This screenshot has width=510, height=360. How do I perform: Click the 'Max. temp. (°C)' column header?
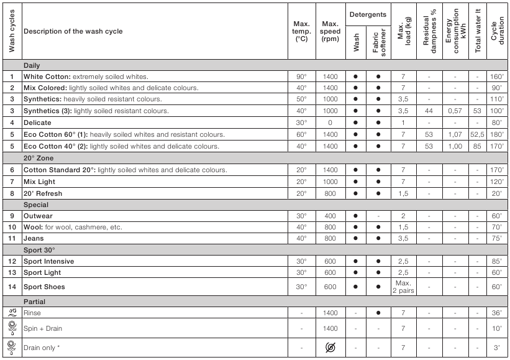click(301, 31)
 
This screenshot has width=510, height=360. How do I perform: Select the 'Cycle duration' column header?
click(498, 31)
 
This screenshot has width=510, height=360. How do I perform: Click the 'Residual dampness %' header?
click(429, 31)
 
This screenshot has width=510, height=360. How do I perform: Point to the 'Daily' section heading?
click(32, 65)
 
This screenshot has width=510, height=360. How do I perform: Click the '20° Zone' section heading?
click(38, 158)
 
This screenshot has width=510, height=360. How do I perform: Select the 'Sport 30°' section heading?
click(39, 250)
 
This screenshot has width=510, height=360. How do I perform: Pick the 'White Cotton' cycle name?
click(48, 76)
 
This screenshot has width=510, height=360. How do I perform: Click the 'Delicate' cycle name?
click(38, 123)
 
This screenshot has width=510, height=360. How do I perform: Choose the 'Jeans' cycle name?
click(34, 238)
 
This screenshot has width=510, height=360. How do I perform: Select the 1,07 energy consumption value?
click(455, 134)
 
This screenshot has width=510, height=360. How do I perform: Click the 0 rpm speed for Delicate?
click(330, 123)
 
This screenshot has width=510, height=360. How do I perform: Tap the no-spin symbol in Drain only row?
click(330, 348)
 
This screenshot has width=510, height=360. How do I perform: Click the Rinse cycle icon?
click(11, 313)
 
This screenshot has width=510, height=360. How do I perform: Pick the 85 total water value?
click(478, 146)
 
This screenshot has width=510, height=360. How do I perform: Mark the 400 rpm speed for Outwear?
click(330, 216)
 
